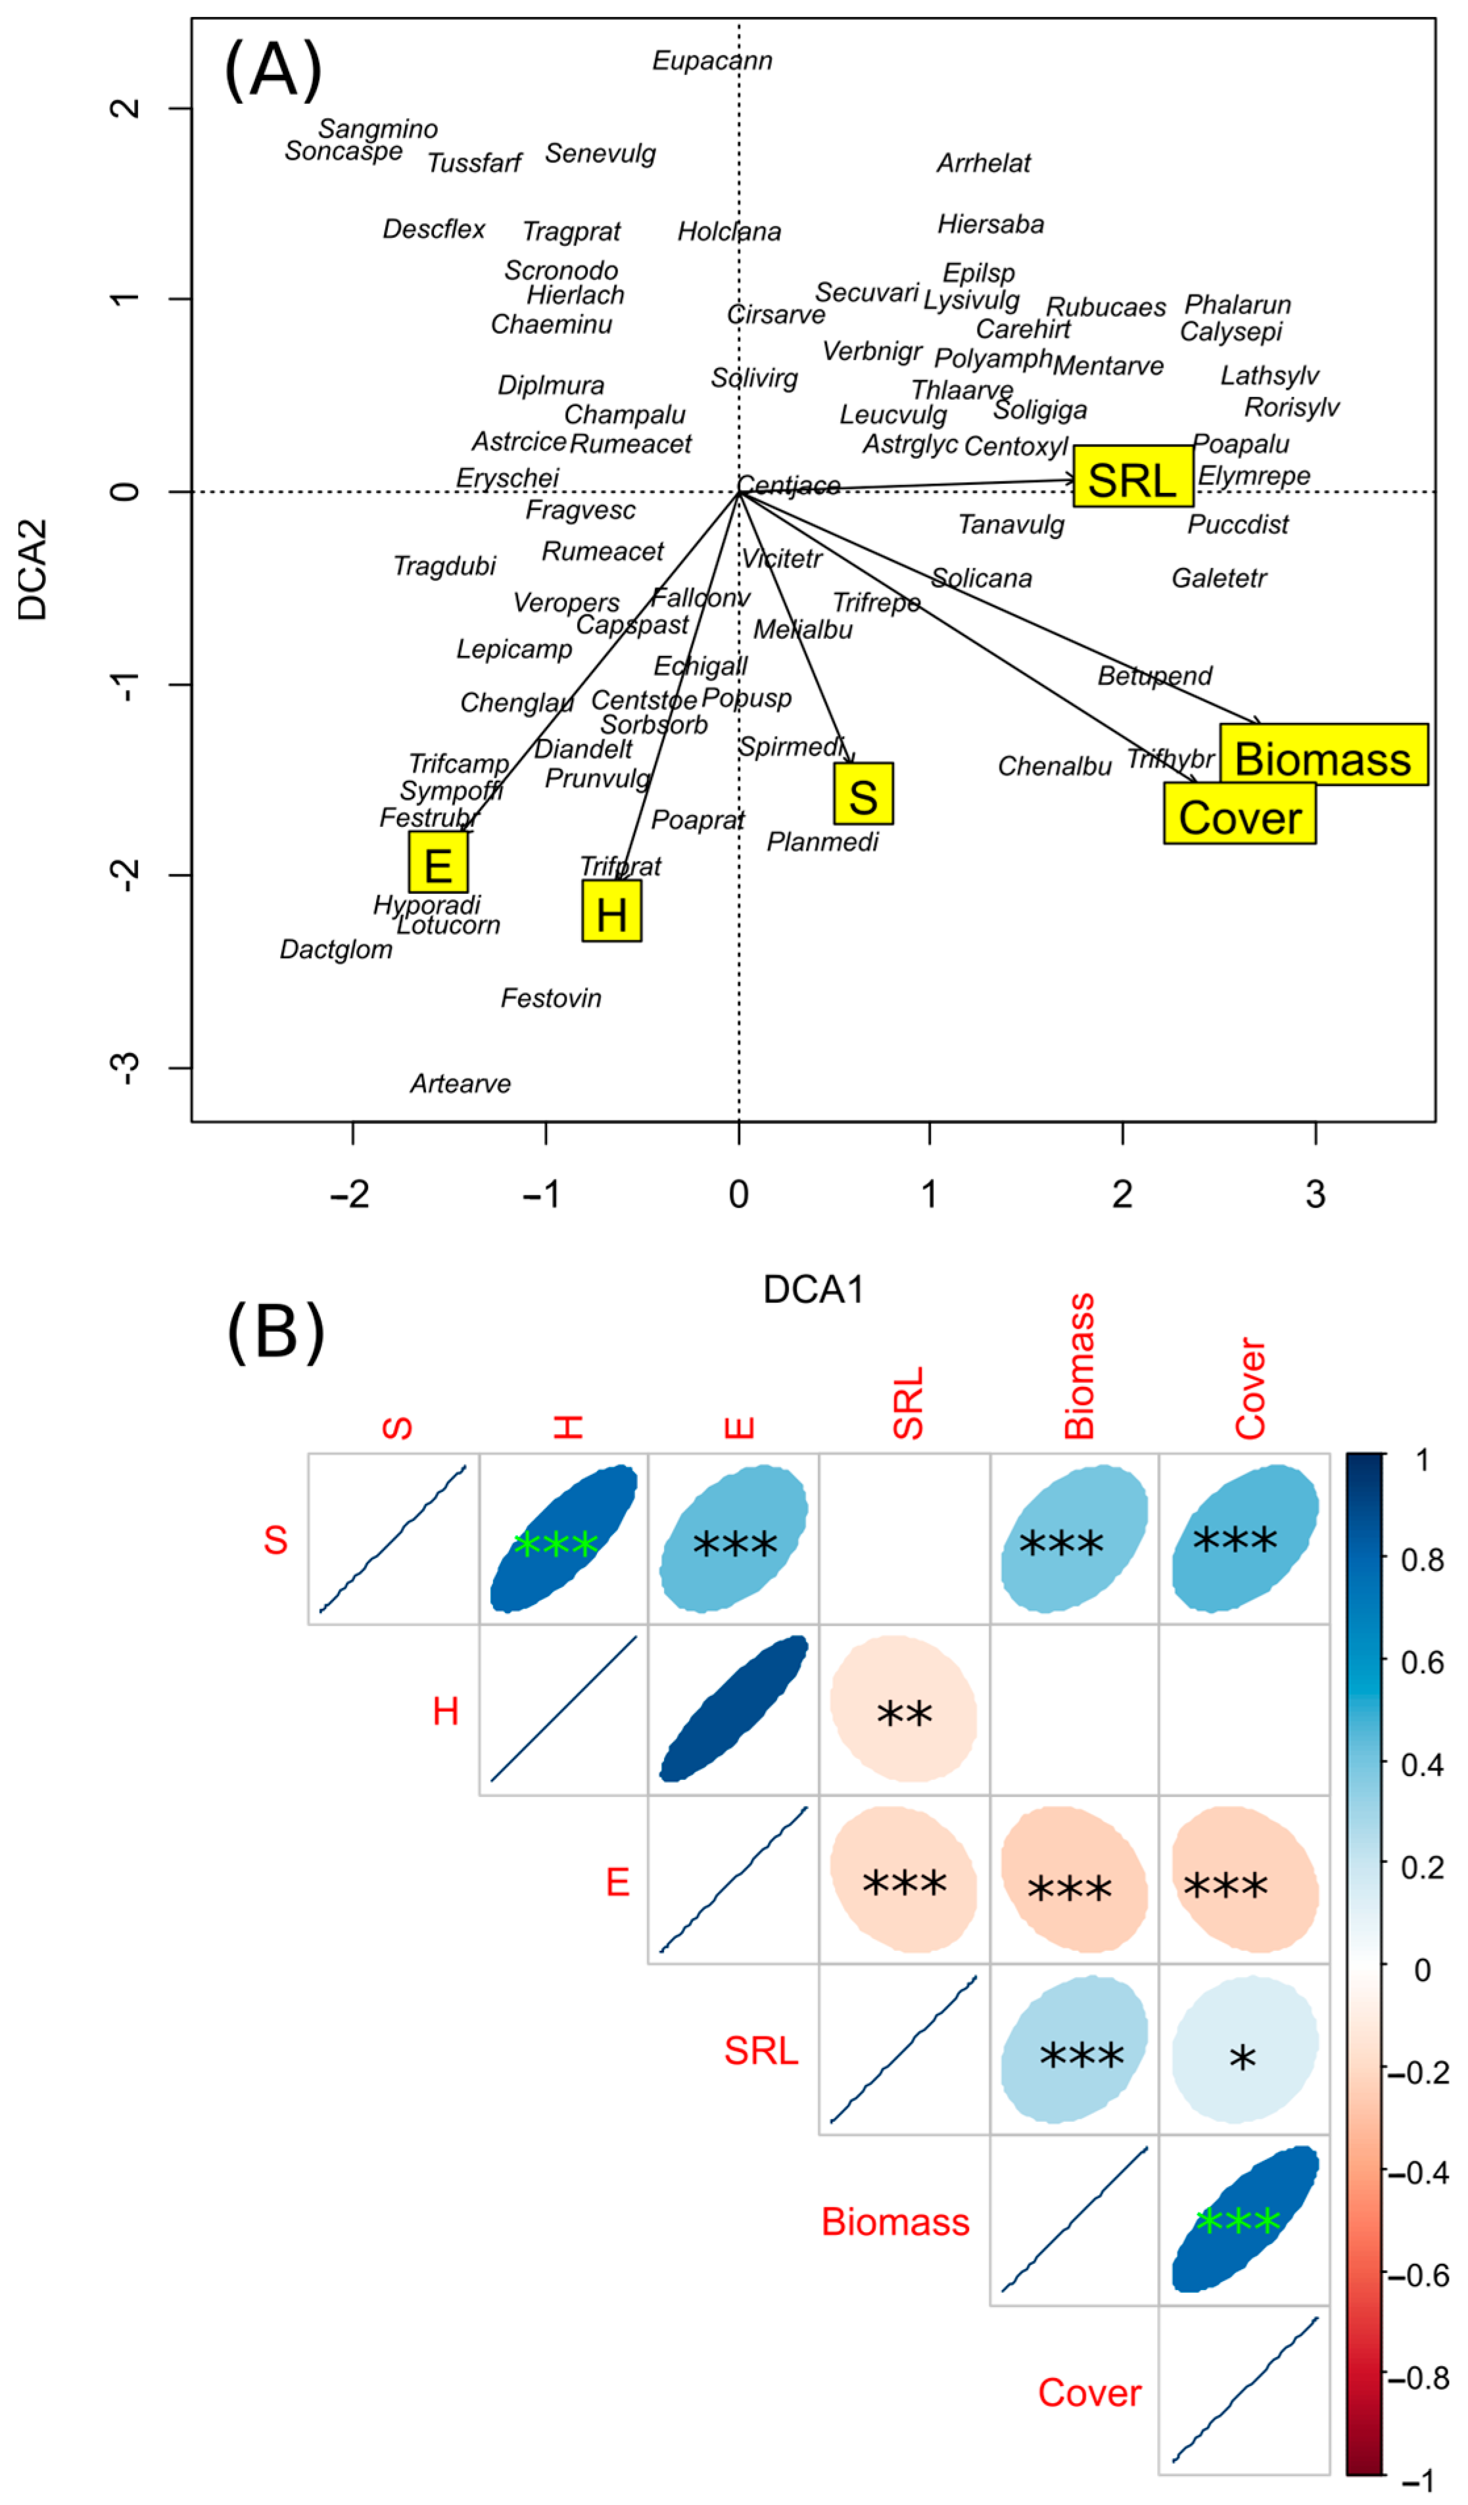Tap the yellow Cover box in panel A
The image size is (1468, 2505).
click(1239, 816)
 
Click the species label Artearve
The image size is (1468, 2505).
click(460, 1083)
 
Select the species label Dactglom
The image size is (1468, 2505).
click(336, 949)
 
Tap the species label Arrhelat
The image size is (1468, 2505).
click(984, 163)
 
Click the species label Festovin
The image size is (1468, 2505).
click(551, 998)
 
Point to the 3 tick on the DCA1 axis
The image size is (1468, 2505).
click(1315, 1194)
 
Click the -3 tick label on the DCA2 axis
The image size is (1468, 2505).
click(125, 1067)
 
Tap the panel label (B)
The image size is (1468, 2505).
click(275, 1332)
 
